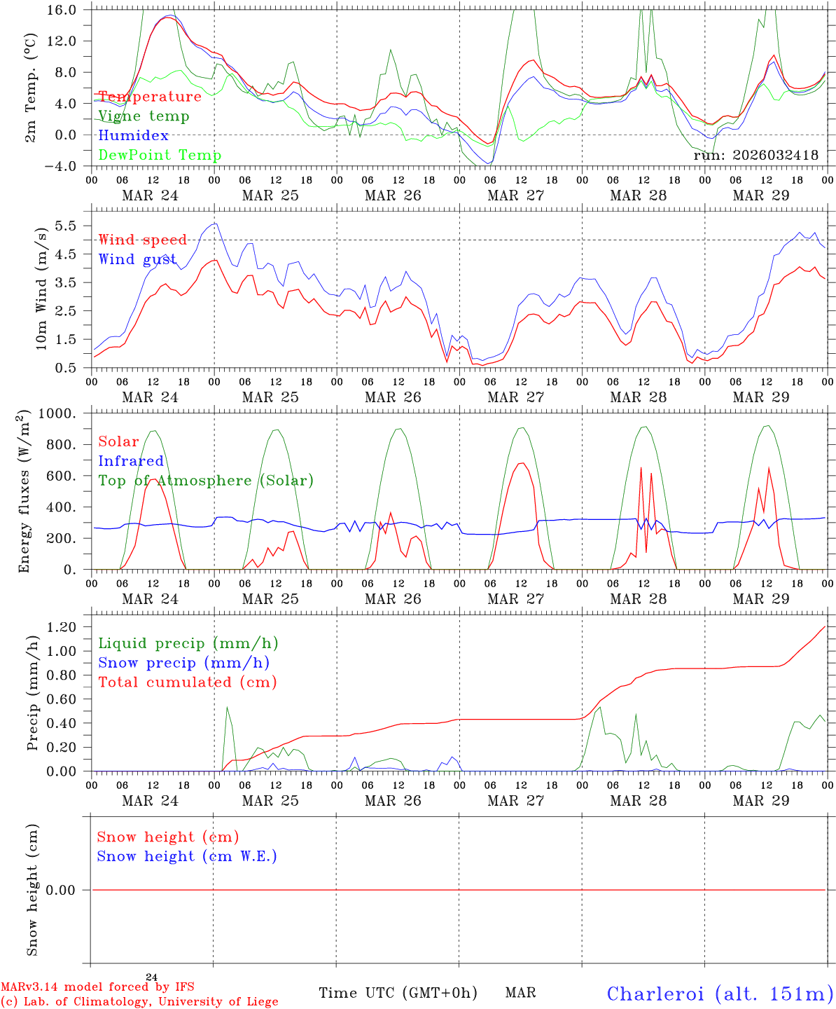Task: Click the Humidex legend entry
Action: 133,135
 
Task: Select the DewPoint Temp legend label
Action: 160,155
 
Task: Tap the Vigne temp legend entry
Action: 144,116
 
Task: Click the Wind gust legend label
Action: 137,259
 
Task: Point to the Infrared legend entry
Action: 131,461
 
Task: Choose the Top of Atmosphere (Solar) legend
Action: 206,481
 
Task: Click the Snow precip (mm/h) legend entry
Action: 183,663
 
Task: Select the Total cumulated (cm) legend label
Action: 187,682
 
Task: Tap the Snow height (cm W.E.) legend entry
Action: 187,856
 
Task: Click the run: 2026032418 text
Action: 755,156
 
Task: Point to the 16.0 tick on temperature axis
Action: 61,10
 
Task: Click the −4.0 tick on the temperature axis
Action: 61,166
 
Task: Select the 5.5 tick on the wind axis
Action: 69,226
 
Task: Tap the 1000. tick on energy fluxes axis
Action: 56,413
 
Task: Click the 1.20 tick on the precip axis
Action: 61,627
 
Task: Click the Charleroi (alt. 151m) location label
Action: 720,994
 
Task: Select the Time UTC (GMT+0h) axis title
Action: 398,993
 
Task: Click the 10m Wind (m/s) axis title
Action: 41,287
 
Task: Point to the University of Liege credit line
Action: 139,1002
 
